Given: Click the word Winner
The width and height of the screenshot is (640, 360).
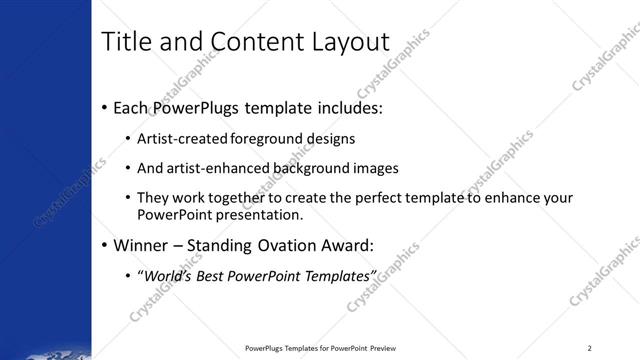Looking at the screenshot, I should [142, 244].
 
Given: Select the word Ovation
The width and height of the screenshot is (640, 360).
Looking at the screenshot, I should [299, 244].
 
